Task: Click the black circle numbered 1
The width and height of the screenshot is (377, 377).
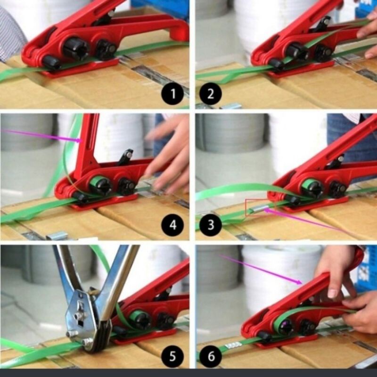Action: (x=172, y=94)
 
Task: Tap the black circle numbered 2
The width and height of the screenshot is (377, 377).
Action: (x=210, y=94)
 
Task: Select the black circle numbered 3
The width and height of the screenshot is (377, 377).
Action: (x=210, y=225)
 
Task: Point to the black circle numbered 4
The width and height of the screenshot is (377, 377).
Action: (x=172, y=225)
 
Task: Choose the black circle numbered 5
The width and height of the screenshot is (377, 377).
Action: (x=172, y=356)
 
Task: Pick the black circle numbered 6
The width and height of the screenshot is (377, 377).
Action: (x=211, y=356)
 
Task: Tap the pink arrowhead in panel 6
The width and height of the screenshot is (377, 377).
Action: (x=299, y=282)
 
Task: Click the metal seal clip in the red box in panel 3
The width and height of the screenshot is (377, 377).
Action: (x=258, y=209)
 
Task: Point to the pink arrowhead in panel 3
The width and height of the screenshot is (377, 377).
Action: (x=267, y=210)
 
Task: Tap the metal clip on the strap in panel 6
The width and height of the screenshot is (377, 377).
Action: (x=233, y=345)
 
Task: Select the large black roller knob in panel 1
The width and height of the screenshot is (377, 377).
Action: (x=76, y=49)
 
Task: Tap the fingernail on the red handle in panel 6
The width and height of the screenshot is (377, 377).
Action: (x=333, y=293)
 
